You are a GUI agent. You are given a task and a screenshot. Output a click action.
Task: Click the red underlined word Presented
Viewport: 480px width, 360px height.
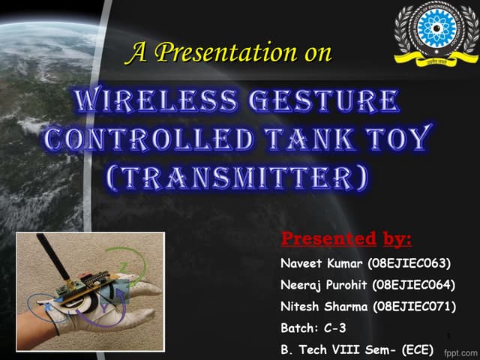(x=328, y=240)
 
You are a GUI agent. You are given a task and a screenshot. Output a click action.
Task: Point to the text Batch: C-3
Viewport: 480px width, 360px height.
(x=313, y=328)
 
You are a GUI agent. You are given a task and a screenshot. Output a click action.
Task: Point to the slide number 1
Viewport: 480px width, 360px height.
(x=447, y=335)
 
